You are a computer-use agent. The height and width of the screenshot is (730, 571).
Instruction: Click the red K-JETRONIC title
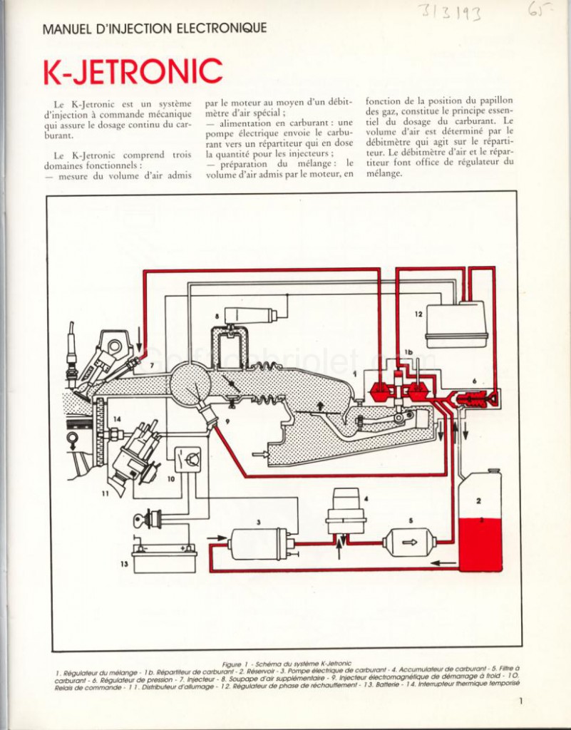[133, 71]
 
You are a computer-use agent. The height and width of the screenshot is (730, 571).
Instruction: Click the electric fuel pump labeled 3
[259, 543]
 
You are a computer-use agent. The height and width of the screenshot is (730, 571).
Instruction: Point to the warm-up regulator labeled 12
[457, 324]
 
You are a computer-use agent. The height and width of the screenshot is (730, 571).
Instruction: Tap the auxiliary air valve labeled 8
[250, 315]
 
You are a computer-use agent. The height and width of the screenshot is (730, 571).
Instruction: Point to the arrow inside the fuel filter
[411, 542]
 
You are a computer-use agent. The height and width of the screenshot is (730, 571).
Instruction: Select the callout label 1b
[408, 353]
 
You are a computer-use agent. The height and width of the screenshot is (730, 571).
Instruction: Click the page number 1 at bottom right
[521, 701]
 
